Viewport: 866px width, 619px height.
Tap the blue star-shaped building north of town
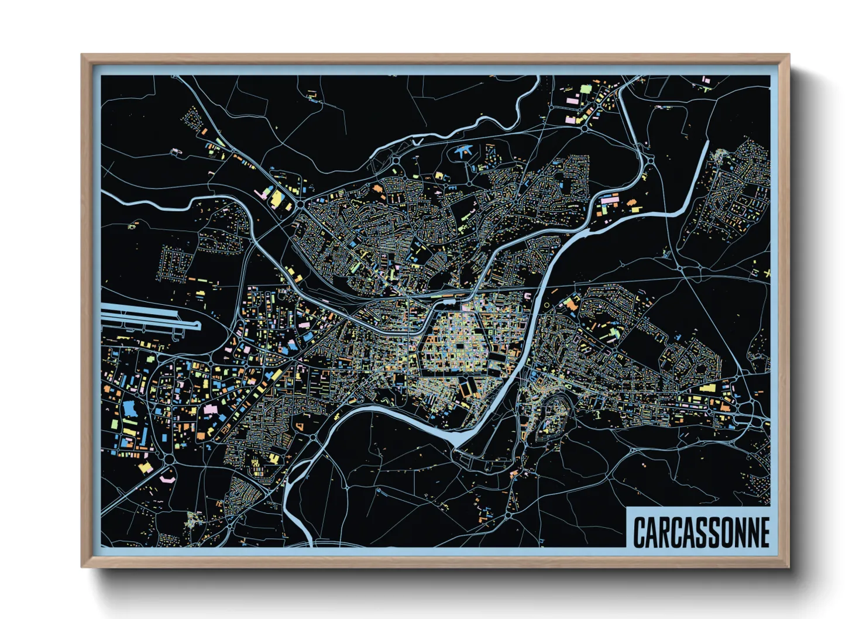(464, 150)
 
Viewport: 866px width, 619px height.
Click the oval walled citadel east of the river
(551, 416)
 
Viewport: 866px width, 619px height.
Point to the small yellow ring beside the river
(547, 305)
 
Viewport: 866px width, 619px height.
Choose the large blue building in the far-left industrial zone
(129, 408)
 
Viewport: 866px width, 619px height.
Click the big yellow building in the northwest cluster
(275, 198)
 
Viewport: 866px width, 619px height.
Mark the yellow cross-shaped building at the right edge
(767, 273)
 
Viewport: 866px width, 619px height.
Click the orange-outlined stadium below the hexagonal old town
(468, 386)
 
